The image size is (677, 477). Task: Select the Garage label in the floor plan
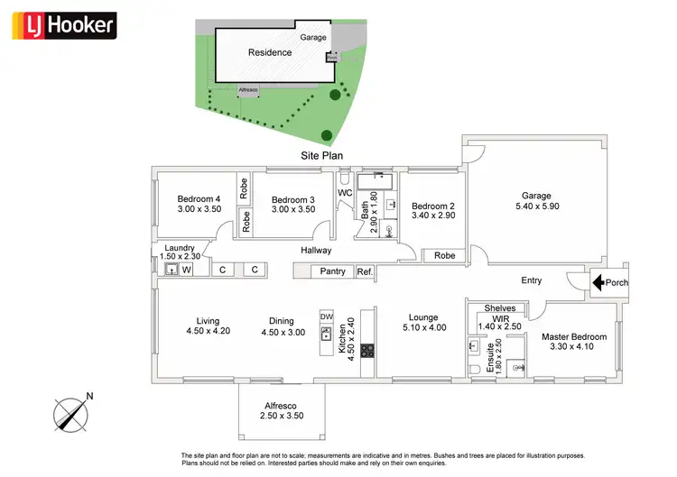tap(536, 196)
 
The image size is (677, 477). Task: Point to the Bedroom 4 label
tap(199, 199)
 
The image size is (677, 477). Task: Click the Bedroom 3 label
tap(293, 199)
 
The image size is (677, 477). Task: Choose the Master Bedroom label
tap(574, 337)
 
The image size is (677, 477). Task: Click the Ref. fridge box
tap(365, 271)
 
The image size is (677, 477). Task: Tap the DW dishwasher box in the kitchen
tap(327, 316)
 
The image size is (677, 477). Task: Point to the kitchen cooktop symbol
tap(367, 350)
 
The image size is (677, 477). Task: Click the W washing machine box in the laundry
tap(187, 269)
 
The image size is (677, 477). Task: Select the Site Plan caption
tap(322, 155)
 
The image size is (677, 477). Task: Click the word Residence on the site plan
tap(270, 52)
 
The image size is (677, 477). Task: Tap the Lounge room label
tap(423, 317)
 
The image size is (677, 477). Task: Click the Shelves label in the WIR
tap(499, 308)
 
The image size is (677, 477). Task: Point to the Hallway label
tap(316, 251)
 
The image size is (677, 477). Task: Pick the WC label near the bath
tap(345, 193)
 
